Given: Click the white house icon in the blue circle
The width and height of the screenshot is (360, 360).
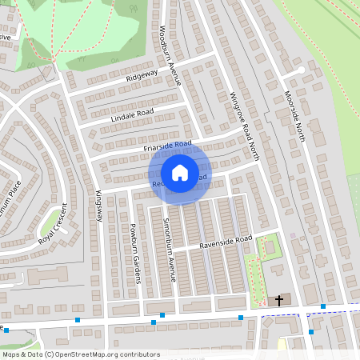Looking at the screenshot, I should pyautogui.click(x=180, y=172).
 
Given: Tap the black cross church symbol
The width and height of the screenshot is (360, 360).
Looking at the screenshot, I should pyautogui.click(x=279, y=301).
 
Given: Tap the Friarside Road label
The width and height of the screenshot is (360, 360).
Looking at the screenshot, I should pyautogui.click(x=168, y=146).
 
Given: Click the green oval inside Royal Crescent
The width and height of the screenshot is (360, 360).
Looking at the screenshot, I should pyautogui.click(x=52, y=218).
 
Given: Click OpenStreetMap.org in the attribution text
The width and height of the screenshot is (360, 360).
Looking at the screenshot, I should pyautogui.click(x=89, y=354).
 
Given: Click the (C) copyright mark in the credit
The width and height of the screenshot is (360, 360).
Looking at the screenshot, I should pyautogui.click(x=50, y=354).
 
